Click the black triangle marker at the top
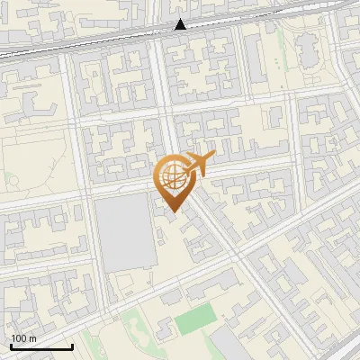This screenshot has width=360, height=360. (x=181, y=24)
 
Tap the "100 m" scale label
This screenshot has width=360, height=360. (x=24, y=338)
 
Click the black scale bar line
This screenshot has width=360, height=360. (x=41, y=346)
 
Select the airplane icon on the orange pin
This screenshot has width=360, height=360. (x=197, y=164)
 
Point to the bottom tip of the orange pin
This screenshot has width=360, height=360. (x=172, y=212)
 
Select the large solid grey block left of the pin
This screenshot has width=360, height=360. (x=124, y=233)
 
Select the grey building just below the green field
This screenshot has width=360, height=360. (x=225, y=341)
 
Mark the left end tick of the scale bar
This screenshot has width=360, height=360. (x=11, y=345)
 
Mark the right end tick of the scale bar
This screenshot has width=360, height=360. (x=72, y=345)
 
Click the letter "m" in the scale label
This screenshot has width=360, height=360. (x=32, y=338)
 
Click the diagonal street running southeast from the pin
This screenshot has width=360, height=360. (x=225, y=234)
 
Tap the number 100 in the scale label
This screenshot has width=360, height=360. (x=20, y=338)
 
